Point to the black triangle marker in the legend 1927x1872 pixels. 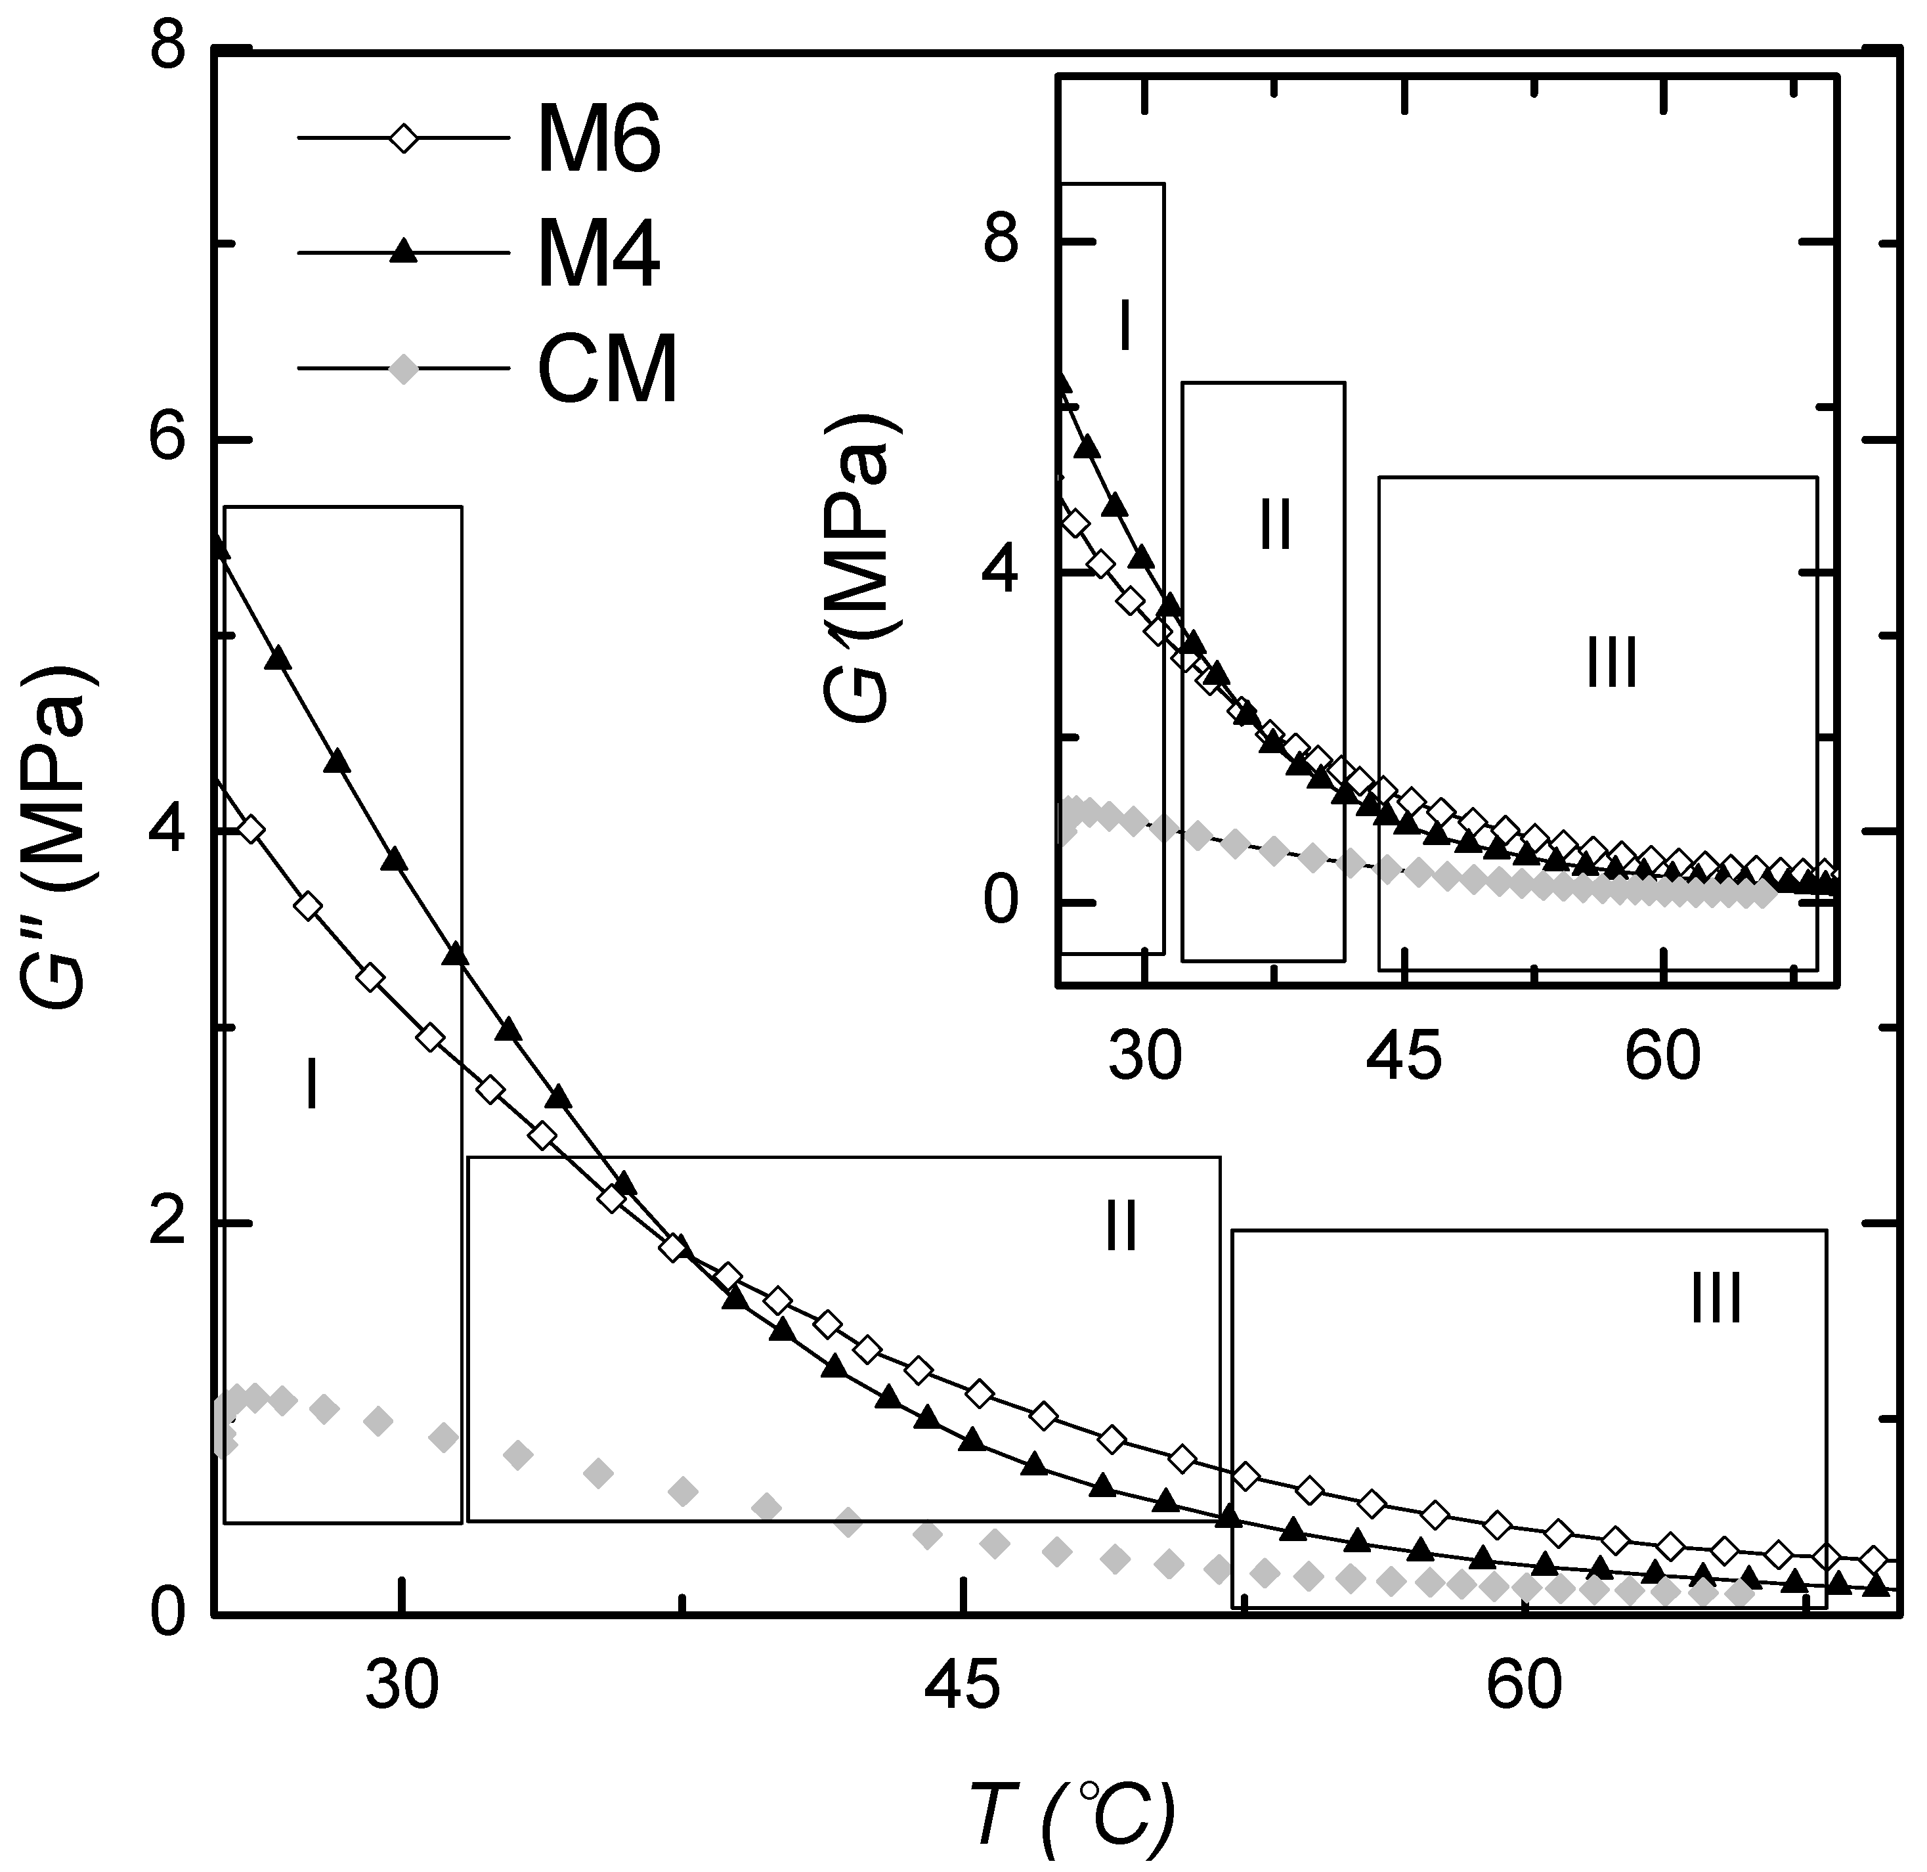(x=403, y=253)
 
